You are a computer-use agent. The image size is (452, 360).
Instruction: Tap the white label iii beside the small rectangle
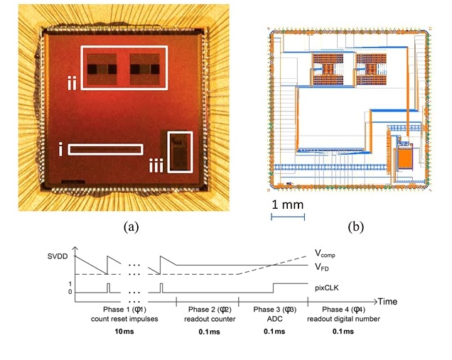click(156, 166)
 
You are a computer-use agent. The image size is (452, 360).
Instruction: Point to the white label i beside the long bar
click(60, 149)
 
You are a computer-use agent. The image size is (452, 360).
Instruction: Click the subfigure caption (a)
click(131, 227)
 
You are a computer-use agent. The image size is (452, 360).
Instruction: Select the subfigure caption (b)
click(356, 227)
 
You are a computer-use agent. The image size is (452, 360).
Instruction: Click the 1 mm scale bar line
click(288, 217)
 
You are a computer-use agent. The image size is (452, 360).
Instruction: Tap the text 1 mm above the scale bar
click(288, 204)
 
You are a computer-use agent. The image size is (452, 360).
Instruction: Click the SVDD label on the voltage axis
click(58, 256)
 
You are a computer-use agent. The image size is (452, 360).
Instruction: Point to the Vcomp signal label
click(325, 253)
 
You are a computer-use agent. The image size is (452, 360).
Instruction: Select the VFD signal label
click(322, 267)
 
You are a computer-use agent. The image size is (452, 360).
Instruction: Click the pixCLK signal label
click(327, 288)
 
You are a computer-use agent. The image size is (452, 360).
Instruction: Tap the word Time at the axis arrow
click(387, 302)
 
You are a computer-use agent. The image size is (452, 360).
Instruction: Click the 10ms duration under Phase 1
click(124, 331)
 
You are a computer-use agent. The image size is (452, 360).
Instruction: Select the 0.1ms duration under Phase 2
click(209, 332)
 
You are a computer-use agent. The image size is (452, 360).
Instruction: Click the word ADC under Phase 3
click(274, 319)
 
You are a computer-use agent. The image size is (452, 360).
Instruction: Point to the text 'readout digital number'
click(343, 319)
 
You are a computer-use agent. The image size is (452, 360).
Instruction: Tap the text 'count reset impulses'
click(124, 319)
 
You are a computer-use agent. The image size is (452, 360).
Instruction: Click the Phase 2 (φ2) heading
click(210, 310)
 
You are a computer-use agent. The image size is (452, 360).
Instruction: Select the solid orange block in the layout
click(404, 159)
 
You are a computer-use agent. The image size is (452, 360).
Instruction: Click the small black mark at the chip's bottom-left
click(73, 182)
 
